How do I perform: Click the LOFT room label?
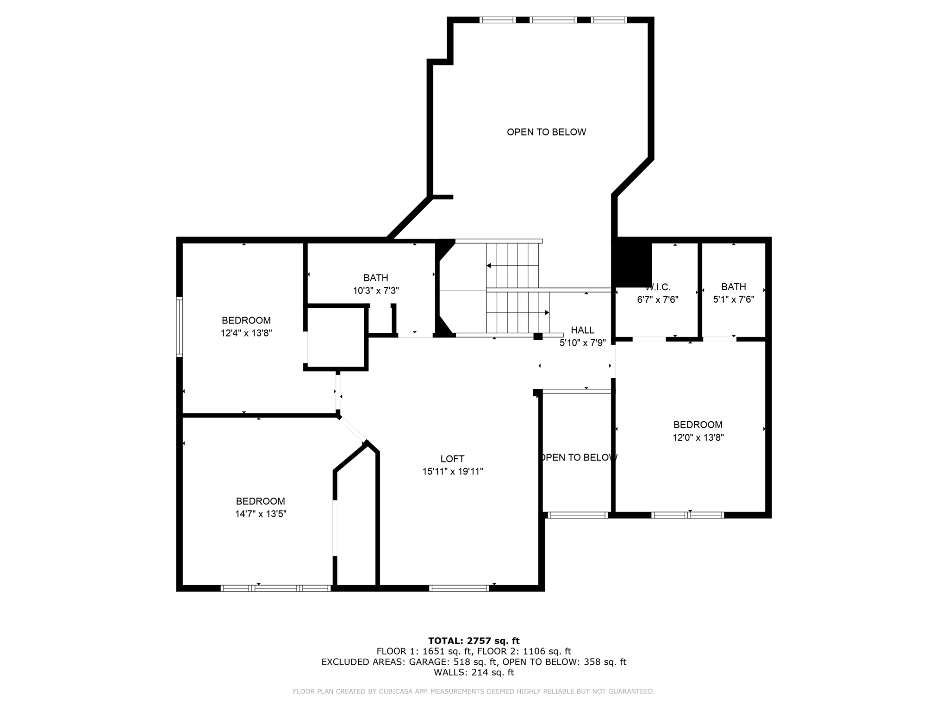[452, 459]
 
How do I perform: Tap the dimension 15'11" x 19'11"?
[452, 472]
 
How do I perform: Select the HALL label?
[582, 330]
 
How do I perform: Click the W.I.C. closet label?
[658, 287]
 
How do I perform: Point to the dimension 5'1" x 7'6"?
[733, 299]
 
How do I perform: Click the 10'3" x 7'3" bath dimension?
[375, 291]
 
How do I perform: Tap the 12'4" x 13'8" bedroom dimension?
[246, 333]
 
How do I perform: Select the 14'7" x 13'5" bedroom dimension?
[261, 514]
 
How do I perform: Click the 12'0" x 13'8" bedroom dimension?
[698, 437]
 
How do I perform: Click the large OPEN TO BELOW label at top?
[546, 132]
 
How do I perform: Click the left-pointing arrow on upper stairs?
[489, 266]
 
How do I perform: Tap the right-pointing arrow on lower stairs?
[547, 312]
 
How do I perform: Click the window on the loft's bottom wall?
[459, 588]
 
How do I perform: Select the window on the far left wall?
[180, 327]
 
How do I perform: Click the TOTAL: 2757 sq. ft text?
[474, 641]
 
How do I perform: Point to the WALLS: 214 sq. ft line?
[474, 673]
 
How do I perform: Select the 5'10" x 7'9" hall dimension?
[582, 343]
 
